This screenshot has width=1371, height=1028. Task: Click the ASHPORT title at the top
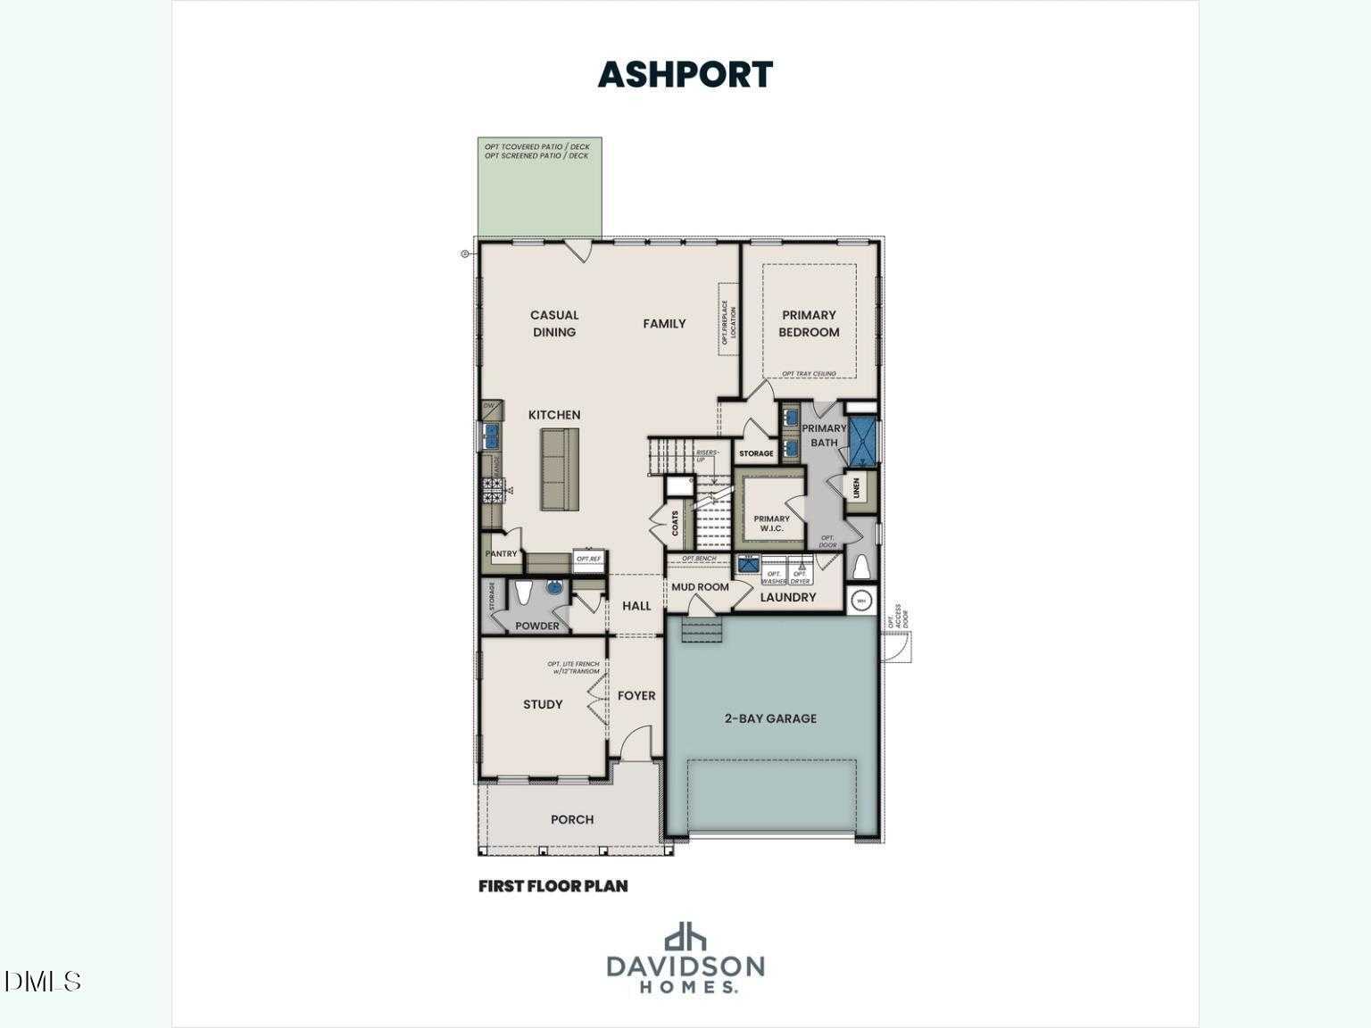pyautogui.click(x=685, y=75)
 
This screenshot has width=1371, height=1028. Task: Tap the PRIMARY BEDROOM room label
pyautogui.click(x=809, y=323)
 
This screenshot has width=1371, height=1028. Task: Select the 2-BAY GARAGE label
pyautogui.click(x=769, y=718)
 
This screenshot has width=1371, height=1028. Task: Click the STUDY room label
pyautogui.click(x=543, y=705)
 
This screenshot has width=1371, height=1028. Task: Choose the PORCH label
pyautogui.click(x=572, y=819)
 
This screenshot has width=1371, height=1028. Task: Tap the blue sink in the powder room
pyautogui.click(x=554, y=588)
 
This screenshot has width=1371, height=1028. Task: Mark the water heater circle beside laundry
pyautogui.click(x=861, y=601)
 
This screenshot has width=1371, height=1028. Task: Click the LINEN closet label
pyautogui.click(x=856, y=488)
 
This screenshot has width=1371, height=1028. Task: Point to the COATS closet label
pyautogui.click(x=675, y=523)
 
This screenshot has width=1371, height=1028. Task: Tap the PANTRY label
pyautogui.click(x=501, y=554)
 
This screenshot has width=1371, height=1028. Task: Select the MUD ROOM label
pyautogui.click(x=700, y=587)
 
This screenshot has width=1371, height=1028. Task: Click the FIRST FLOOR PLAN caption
pyautogui.click(x=553, y=886)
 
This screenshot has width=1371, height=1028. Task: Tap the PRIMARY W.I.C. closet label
pyautogui.click(x=771, y=524)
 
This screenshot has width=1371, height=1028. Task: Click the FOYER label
pyautogui.click(x=636, y=696)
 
